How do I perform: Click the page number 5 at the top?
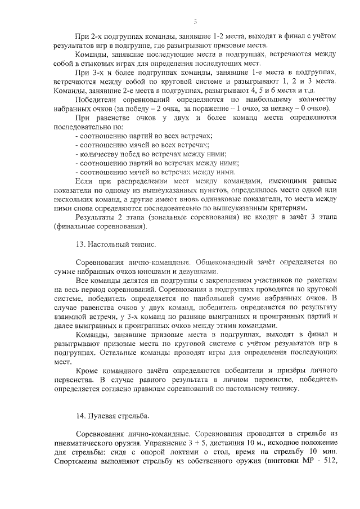pos(195,22)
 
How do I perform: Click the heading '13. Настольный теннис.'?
pos(116,246)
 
